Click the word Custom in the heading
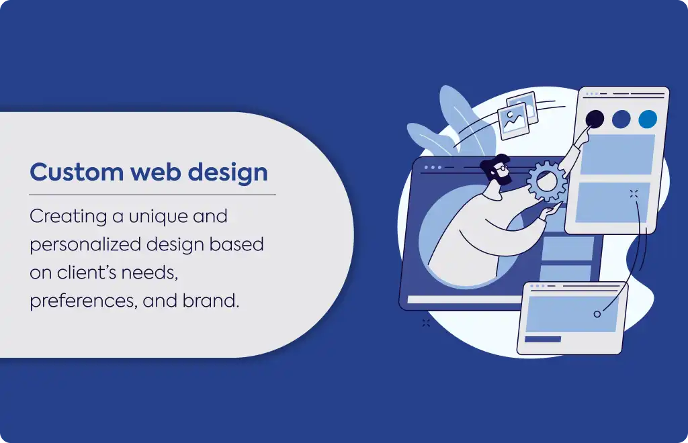pyautogui.click(x=77, y=172)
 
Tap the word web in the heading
pyautogui.click(x=156, y=172)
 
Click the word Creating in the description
pyautogui.click(x=69, y=217)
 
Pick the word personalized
pyautogui.click(x=85, y=245)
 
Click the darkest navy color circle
pyautogui.click(x=595, y=119)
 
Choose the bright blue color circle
pyautogui.click(x=648, y=119)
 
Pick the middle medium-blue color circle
pyautogui.click(x=621, y=119)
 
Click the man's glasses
pyautogui.click(x=503, y=168)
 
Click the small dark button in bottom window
pyautogui.click(x=543, y=339)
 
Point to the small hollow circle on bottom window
pyautogui.click(x=597, y=314)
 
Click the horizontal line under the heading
pyautogui.click(x=153, y=195)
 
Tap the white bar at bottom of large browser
pyautogui.click(x=465, y=300)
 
